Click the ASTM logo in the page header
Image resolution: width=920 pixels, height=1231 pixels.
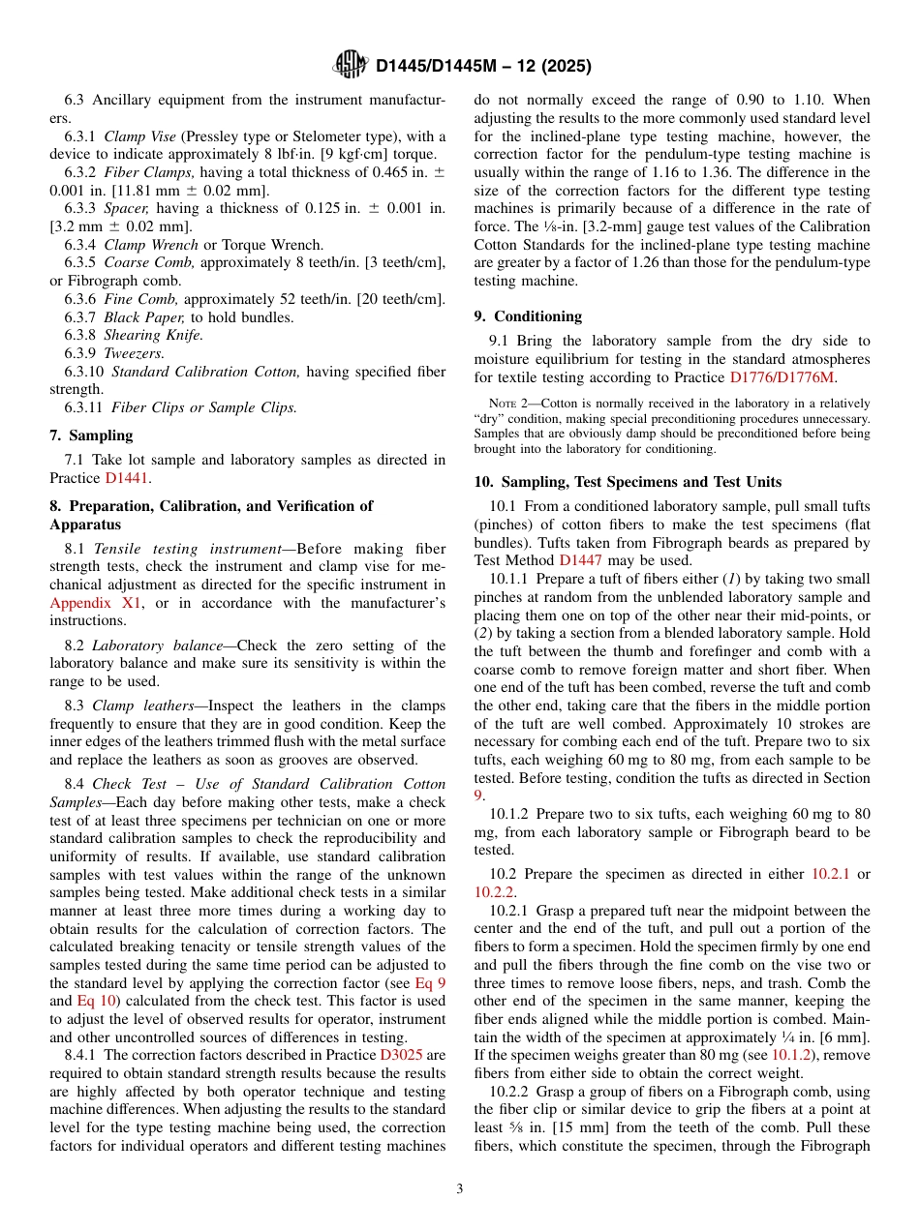(x=350, y=65)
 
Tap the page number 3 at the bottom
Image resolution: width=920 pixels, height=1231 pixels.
(x=460, y=1188)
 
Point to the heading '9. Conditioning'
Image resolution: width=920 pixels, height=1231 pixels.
(x=528, y=315)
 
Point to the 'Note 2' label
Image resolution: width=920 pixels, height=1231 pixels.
(x=507, y=404)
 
